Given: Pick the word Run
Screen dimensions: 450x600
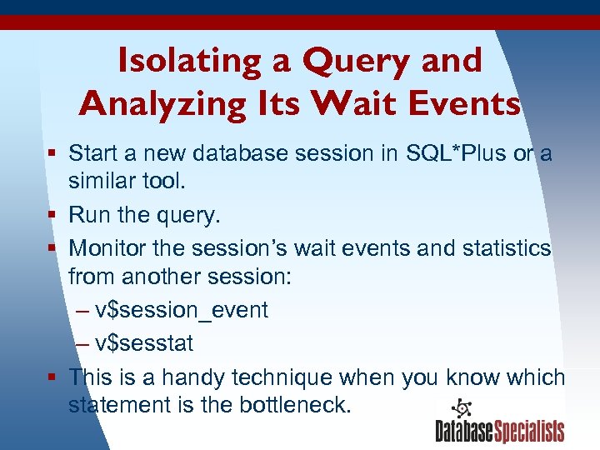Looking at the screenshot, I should pos(89,215).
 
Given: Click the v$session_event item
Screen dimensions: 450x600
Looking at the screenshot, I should pos(181,310).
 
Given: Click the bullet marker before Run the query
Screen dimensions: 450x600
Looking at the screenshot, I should pos(52,216).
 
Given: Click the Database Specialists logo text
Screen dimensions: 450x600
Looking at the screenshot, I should pos(499,431).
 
